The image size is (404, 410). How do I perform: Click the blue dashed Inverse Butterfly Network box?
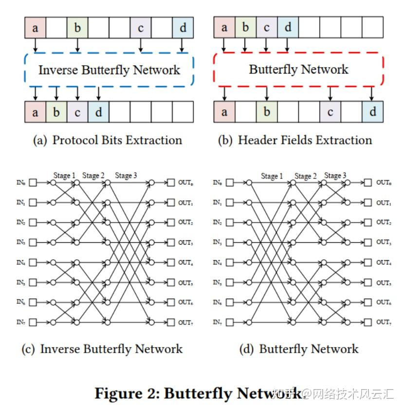click(x=109, y=70)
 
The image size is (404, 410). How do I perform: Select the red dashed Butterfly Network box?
click(x=298, y=70)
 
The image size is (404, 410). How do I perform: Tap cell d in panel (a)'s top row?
click(x=183, y=28)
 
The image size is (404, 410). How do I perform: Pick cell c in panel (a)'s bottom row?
click(x=77, y=112)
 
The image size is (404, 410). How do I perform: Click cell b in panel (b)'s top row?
click(x=245, y=28)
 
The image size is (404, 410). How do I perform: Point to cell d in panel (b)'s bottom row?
click(x=372, y=112)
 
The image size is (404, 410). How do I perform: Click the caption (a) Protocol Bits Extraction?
click(x=108, y=141)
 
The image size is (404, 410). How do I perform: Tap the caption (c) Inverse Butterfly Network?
click(x=102, y=349)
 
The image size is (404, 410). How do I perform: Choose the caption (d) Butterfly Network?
click(x=299, y=349)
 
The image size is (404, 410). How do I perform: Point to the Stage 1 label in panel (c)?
click(x=64, y=176)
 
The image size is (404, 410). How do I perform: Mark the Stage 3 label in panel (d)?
click(x=335, y=176)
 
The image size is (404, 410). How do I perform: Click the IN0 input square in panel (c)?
click(x=33, y=183)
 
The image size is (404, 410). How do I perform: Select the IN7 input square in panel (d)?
click(x=230, y=322)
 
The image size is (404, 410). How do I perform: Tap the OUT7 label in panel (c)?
click(x=185, y=322)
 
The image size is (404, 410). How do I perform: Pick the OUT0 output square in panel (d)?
click(x=368, y=183)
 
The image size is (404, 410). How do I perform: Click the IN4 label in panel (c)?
click(x=20, y=262)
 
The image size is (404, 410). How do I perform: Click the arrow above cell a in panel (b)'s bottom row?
click(x=224, y=93)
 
